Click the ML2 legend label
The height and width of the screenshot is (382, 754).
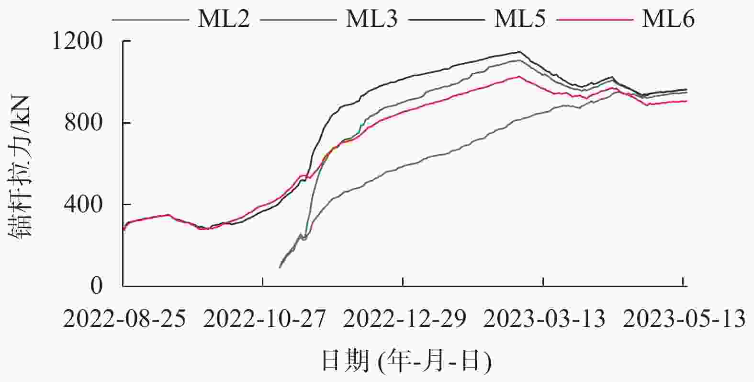point(224,20)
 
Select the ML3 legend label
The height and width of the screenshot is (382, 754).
point(371,20)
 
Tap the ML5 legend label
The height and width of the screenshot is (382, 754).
point(519,20)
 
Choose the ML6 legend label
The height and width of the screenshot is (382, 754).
point(668,20)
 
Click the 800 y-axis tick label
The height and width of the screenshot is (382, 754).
point(85,124)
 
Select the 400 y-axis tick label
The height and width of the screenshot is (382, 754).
point(85,205)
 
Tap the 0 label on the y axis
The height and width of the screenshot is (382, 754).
point(97,286)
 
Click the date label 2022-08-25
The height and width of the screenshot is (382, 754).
point(124,318)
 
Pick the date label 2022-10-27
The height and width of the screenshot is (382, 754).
point(264,318)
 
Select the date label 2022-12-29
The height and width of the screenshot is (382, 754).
point(405,318)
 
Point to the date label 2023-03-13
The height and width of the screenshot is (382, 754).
point(544,318)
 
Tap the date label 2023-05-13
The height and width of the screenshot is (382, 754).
point(684,318)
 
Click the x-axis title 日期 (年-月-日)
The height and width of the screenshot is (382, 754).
point(406,361)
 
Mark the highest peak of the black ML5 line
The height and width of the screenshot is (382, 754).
point(519,52)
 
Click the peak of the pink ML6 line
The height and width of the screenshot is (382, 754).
point(519,76)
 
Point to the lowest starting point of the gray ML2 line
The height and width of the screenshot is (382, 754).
point(280,267)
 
